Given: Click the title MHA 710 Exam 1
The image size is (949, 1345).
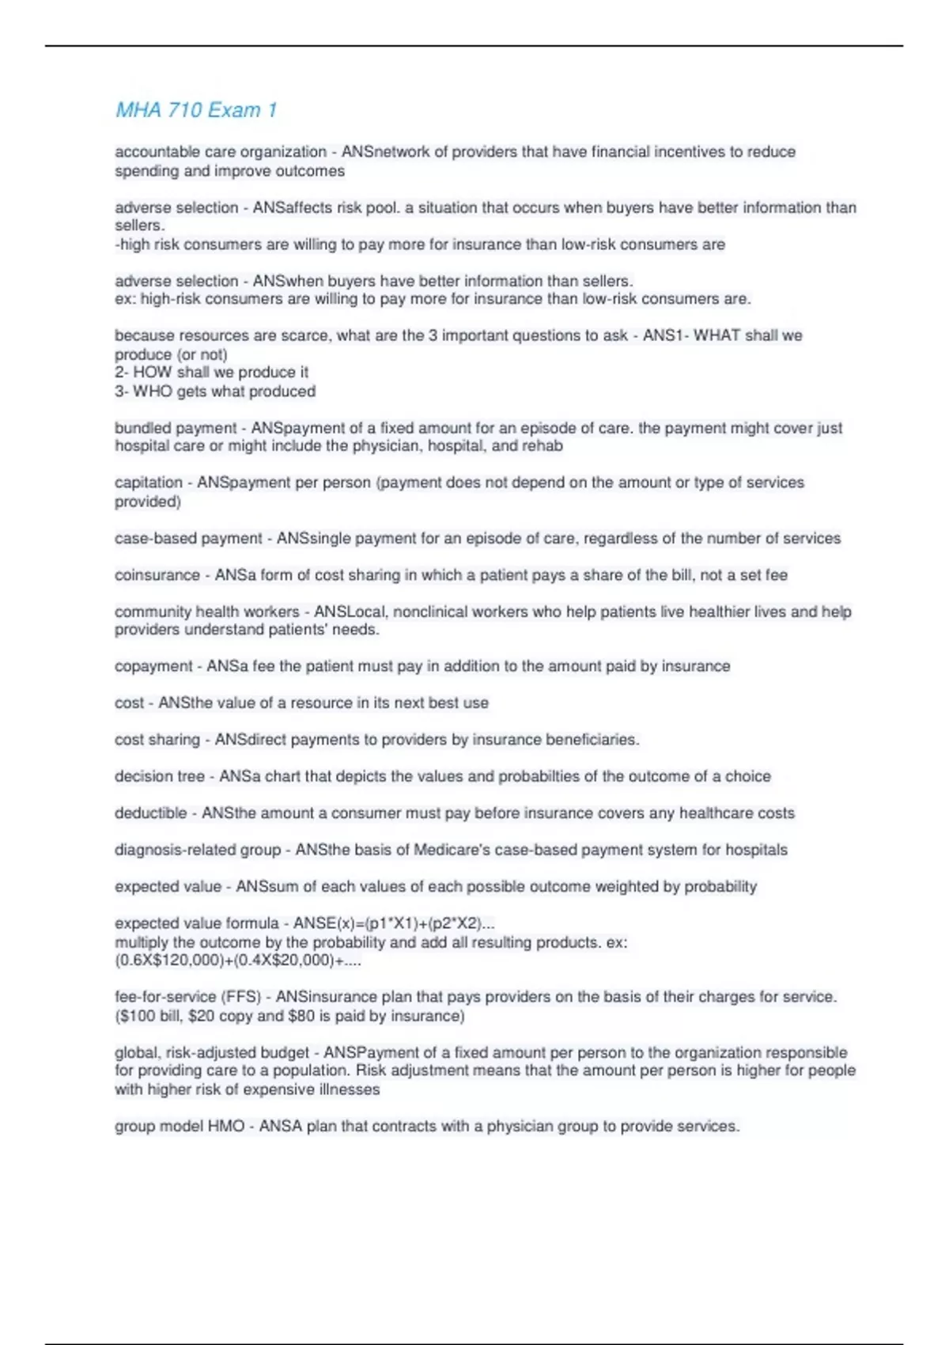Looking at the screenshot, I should (x=196, y=110).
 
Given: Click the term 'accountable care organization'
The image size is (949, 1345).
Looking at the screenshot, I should (x=221, y=152).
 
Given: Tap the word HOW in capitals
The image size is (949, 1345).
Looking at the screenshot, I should (x=153, y=372).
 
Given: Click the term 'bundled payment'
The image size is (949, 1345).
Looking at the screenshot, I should (x=176, y=428).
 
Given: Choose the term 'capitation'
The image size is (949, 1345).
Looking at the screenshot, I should (x=149, y=483).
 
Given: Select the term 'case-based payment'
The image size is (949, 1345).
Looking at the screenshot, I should (x=188, y=538).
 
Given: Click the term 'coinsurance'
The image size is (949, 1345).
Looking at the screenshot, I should (x=157, y=575).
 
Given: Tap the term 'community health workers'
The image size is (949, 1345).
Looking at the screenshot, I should (x=207, y=612).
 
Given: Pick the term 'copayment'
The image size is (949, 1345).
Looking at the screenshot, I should (x=153, y=666).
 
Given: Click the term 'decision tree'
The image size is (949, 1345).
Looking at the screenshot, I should (x=160, y=776).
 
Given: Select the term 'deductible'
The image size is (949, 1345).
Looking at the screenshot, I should (x=151, y=813).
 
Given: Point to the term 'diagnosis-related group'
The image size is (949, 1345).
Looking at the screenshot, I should (x=198, y=850).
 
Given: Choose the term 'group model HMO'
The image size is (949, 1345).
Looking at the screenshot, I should (x=180, y=1126).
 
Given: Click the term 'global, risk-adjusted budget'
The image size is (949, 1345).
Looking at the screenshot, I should (x=212, y=1053).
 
